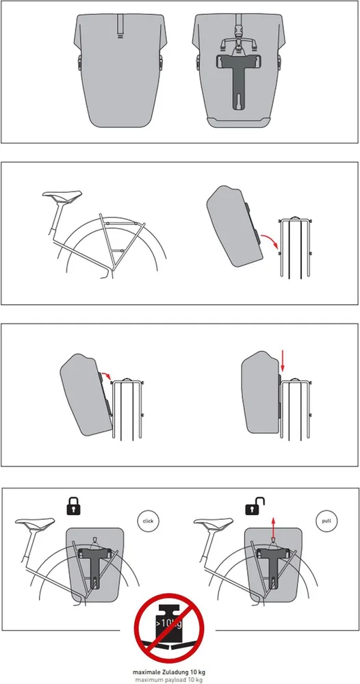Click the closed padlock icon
pyautogui.click(x=73, y=506)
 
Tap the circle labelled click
pyautogui.click(x=149, y=521)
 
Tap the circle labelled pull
pyautogui.click(x=327, y=521)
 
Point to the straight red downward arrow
pyautogui.click(x=282, y=360)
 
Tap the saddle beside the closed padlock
pyautogui.click(x=36, y=522)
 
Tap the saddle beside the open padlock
pyautogui.click(x=214, y=522)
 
